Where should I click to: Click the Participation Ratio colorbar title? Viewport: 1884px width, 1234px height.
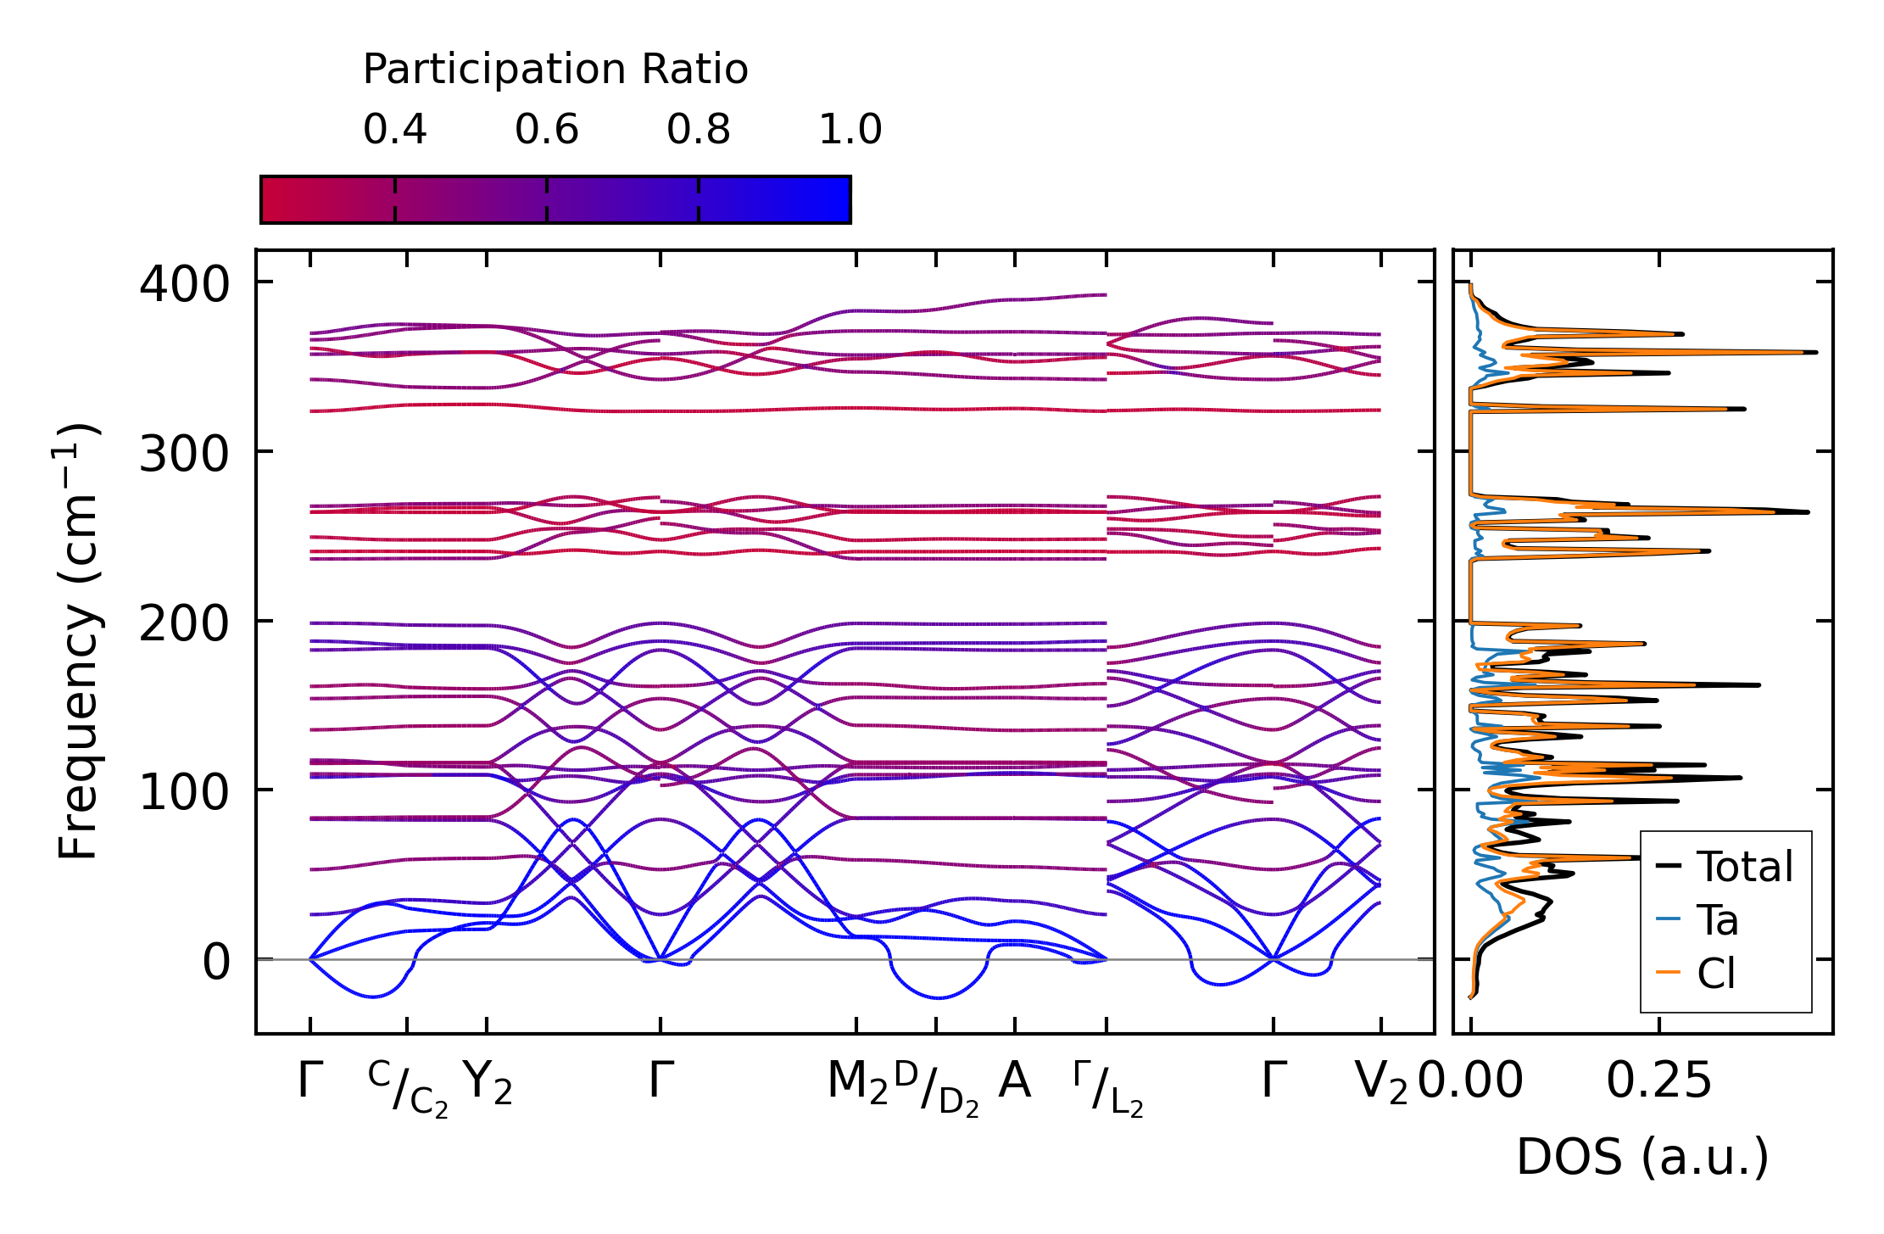[x=555, y=70]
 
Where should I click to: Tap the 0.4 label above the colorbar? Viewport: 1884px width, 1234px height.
[x=394, y=130]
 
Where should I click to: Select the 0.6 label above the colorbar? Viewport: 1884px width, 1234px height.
[x=546, y=130]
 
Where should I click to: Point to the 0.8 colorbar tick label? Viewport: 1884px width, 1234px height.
[x=698, y=130]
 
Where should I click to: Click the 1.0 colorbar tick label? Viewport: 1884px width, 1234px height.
[x=850, y=130]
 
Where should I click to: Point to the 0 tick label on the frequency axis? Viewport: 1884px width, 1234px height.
[x=216, y=962]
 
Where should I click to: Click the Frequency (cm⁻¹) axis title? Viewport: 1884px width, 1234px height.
[x=78, y=641]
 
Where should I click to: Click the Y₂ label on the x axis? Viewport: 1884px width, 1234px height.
[x=488, y=1083]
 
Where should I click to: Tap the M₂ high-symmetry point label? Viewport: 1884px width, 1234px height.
[x=857, y=1083]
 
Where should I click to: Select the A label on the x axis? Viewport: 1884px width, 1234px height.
[x=1014, y=1081]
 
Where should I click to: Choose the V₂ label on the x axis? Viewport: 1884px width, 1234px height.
[x=1381, y=1083]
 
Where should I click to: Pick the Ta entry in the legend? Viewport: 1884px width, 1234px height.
[x=1717, y=920]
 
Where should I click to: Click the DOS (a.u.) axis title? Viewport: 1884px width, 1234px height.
[x=1642, y=1158]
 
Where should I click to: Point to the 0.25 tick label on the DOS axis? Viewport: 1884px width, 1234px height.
[x=1658, y=1081]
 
